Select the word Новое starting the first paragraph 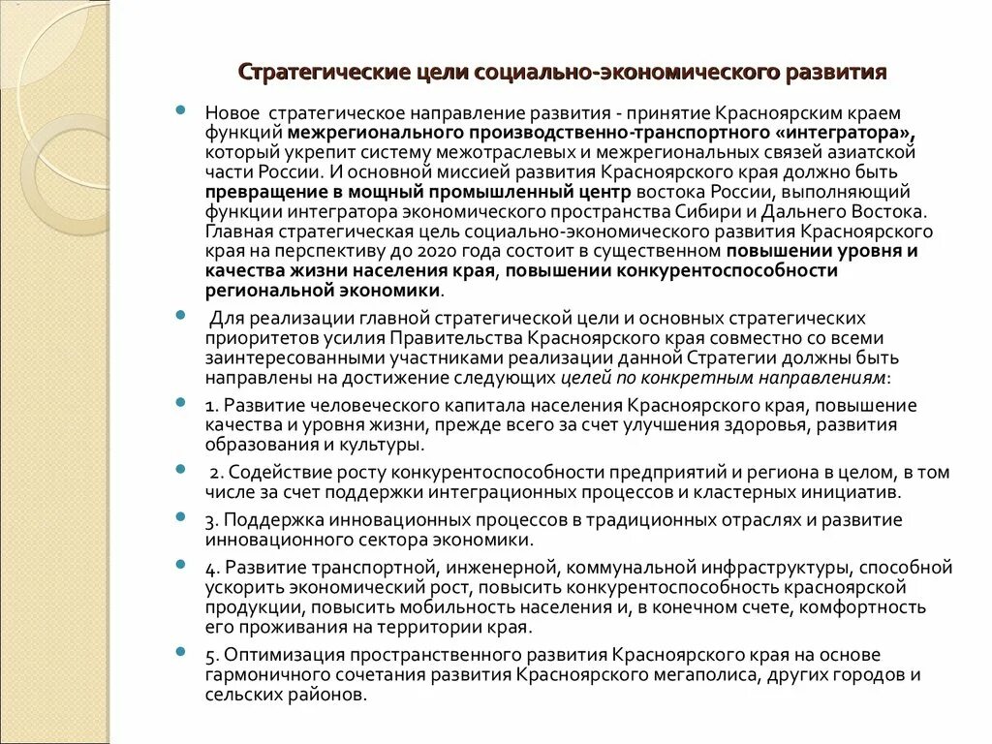(231, 113)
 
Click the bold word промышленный (504, 192)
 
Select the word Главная (237, 232)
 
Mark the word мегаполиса (779, 675)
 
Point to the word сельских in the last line (238, 695)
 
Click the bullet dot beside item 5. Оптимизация (182, 652)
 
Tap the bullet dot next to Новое (182, 111)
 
